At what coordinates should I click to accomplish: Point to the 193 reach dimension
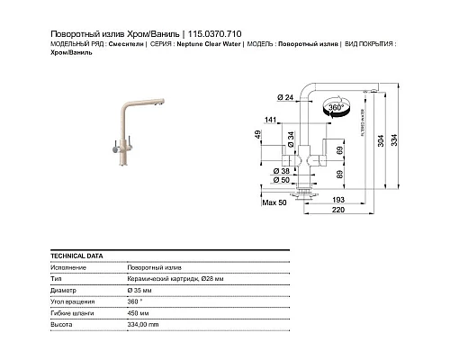pos(339,198)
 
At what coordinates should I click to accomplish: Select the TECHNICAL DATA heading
pos(71,256)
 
